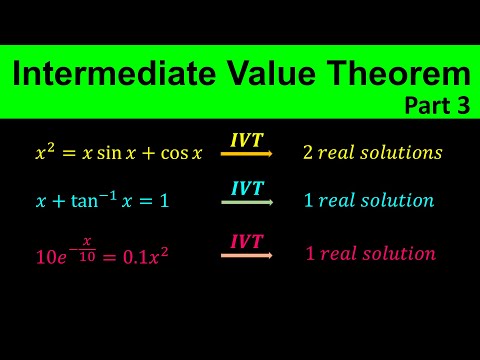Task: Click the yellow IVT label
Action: [248, 141]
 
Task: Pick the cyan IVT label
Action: [248, 189]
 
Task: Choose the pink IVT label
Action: [248, 241]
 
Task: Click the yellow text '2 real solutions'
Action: [372, 153]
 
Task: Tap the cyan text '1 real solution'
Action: [368, 201]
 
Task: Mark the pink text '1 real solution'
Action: [370, 253]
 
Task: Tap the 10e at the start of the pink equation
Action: [48, 256]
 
